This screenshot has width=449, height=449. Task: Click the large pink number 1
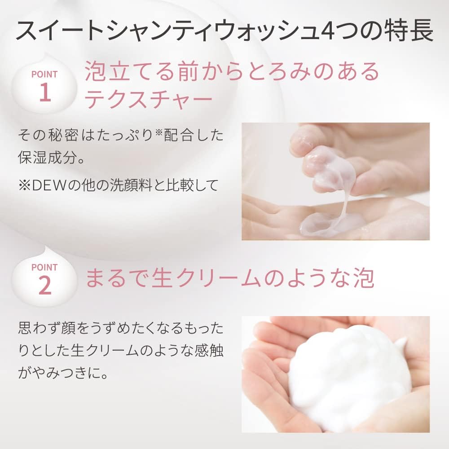click(45, 92)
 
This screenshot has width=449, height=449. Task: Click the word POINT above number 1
click(44, 74)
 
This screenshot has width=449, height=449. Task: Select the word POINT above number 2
click(44, 267)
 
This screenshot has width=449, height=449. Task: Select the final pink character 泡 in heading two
click(364, 278)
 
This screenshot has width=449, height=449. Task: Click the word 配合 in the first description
click(179, 135)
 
